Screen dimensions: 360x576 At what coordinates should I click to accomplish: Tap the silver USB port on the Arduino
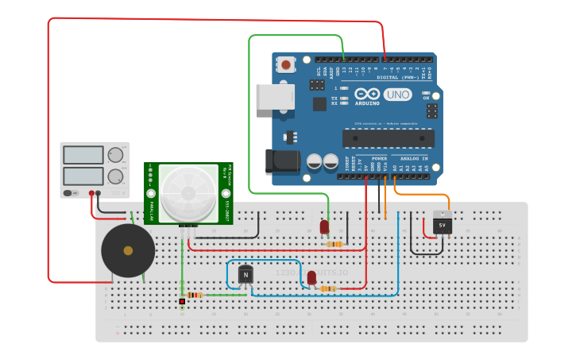[x=275, y=96]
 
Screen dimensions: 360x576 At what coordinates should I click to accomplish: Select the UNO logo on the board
[x=397, y=95]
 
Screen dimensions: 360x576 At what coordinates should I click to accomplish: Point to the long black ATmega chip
[x=388, y=137]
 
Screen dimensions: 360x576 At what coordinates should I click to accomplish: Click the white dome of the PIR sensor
[x=188, y=192]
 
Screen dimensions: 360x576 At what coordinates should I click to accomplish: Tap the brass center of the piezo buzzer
[x=128, y=250]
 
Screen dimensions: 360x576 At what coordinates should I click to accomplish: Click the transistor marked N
[x=245, y=275]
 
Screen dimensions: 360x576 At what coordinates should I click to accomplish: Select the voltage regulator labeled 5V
[x=443, y=224]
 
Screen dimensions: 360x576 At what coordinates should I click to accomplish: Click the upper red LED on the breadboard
[x=324, y=227]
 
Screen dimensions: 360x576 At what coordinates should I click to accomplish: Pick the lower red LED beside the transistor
[x=311, y=277]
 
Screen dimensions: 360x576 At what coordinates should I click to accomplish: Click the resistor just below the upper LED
[x=334, y=244]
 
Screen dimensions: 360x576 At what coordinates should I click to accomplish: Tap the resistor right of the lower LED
[x=327, y=288]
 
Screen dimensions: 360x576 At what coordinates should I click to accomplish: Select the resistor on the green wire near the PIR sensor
[x=194, y=295]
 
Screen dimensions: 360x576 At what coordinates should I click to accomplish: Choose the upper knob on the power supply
[x=115, y=155]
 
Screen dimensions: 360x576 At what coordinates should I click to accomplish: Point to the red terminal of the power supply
[x=92, y=193]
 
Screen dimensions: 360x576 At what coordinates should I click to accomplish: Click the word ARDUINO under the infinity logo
[x=367, y=103]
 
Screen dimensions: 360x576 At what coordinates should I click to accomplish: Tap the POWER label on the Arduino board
[x=379, y=158]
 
